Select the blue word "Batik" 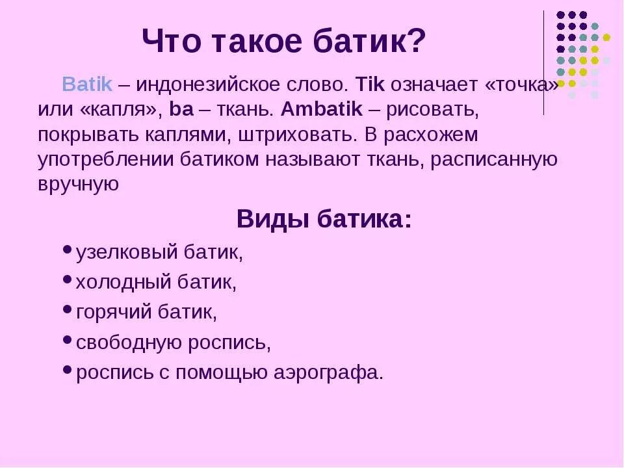coord(87,84)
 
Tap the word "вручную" coord(78,184)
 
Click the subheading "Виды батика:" coord(324,219)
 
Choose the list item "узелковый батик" coord(159,252)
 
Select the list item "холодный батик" coord(156,282)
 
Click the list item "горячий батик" coord(146,312)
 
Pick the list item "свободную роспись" coord(173,343)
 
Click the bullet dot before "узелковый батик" coord(68,249)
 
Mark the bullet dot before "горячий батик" coord(68,309)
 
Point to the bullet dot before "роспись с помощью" coord(68,369)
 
